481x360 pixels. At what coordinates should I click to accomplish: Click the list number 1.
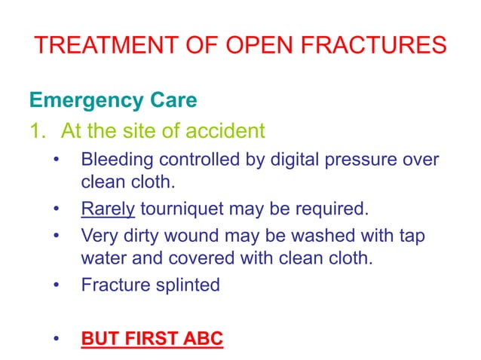pyautogui.click(x=37, y=132)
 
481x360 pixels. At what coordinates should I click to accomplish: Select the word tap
pyautogui.click(x=412, y=236)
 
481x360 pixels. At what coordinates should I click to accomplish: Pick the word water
pyautogui.click(x=101, y=258)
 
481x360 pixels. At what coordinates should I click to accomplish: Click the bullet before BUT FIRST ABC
pyautogui.click(x=57, y=339)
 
